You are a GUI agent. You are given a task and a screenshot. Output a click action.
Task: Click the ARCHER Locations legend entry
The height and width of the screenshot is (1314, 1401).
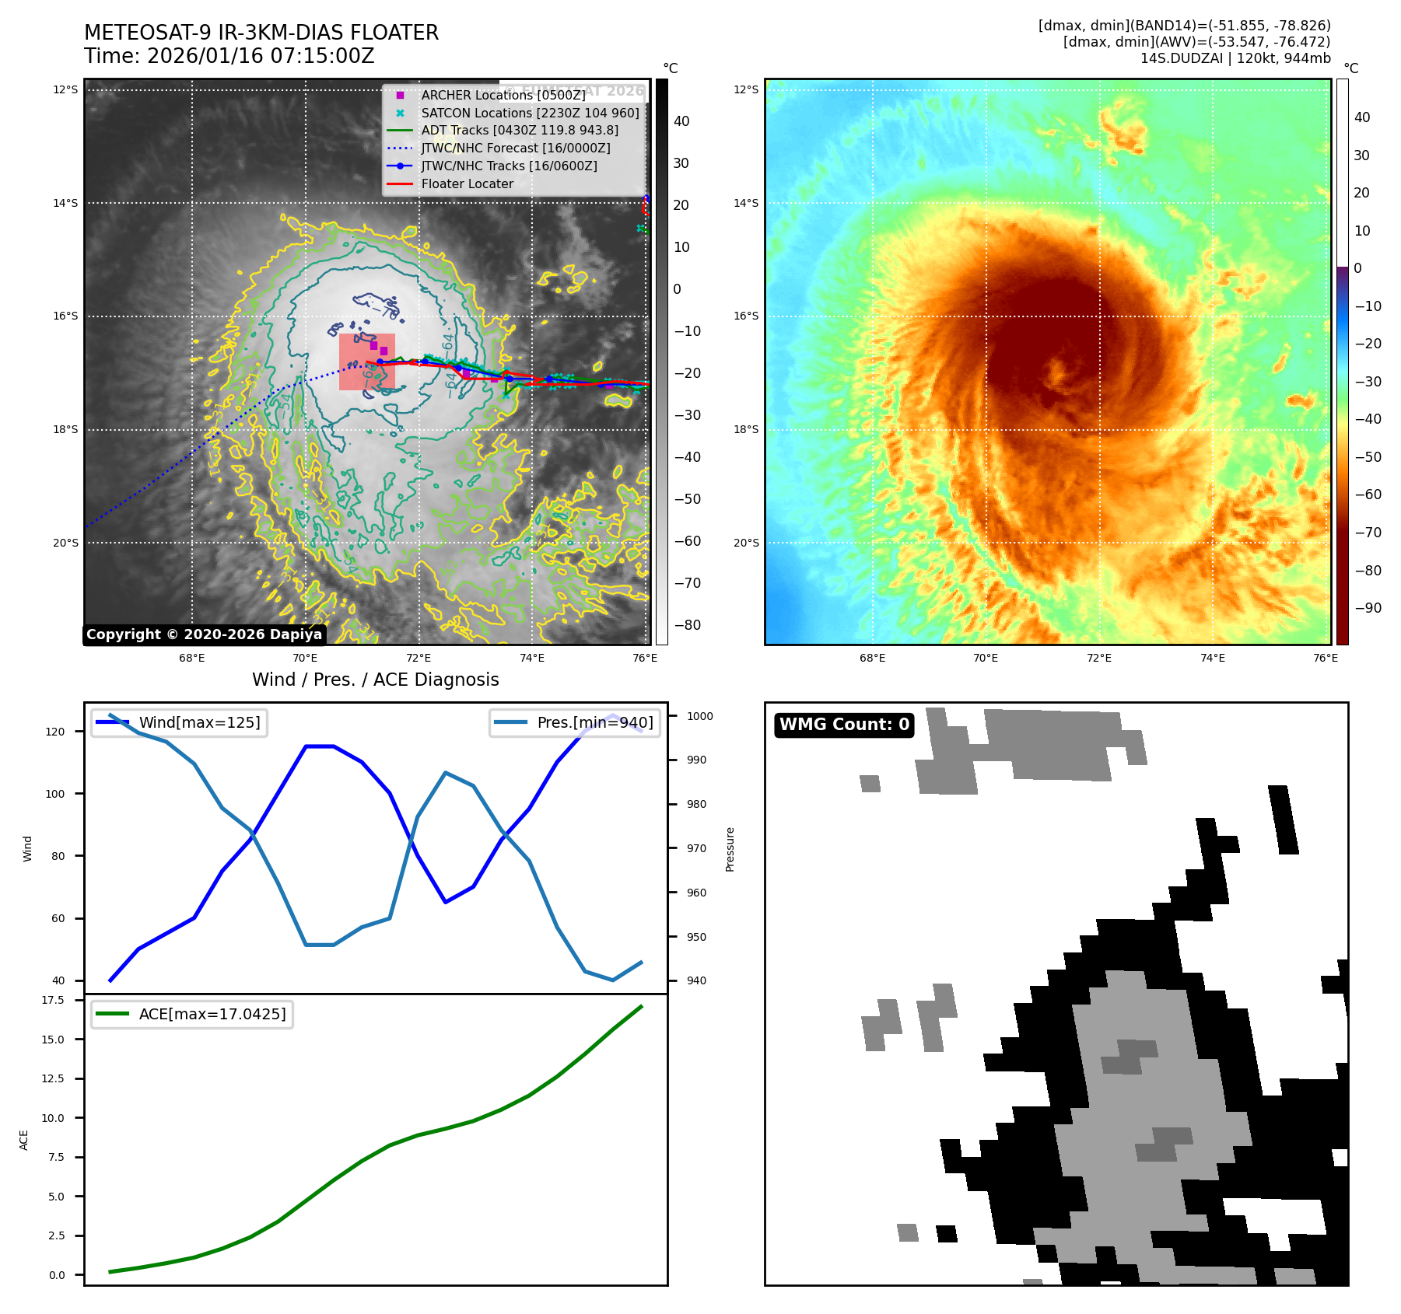click(503, 95)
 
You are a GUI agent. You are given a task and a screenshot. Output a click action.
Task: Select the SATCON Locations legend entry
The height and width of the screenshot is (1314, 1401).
click(529, 113)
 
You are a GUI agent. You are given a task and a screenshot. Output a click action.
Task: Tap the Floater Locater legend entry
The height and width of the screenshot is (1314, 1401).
click(467, 184)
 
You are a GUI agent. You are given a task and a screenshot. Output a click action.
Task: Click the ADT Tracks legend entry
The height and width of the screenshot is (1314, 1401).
click(519, 131)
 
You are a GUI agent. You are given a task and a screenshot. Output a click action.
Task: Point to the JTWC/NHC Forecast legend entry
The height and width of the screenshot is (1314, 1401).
click(515, 149)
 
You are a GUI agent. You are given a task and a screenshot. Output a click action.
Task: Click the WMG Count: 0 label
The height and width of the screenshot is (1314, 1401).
click(844, 725)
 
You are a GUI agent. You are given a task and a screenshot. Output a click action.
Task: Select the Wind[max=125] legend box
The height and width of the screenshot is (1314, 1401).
click(179, 723)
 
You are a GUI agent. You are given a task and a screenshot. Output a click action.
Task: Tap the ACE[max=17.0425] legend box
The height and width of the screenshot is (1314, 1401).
click(191, 1014)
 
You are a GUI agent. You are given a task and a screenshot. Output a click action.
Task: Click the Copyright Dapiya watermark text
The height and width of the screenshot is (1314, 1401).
click(204, 634)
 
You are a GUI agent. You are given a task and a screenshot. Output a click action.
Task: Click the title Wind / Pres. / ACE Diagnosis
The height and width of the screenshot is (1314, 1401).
click(375, 680)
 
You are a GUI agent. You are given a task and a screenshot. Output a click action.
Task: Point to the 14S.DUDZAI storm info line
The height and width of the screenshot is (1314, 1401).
click(1235, 58)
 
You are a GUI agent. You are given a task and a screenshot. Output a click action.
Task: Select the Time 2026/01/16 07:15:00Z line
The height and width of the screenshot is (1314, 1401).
click(229, 56)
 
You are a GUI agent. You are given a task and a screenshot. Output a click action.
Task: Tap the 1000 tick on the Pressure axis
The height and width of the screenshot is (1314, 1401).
click(699, 716)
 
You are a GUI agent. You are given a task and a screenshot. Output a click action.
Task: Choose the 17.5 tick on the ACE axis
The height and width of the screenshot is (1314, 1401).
click(53, 1000)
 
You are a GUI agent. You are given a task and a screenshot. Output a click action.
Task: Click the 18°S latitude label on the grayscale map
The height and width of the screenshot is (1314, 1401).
click(65, 430)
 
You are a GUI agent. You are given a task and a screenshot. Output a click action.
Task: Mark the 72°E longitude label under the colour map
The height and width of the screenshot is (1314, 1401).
click(1098, 658)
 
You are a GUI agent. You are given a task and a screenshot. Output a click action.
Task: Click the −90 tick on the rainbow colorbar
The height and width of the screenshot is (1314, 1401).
click(1368, 608)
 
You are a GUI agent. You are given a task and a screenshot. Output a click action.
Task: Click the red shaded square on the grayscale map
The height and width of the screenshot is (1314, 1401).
click(366, 362)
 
